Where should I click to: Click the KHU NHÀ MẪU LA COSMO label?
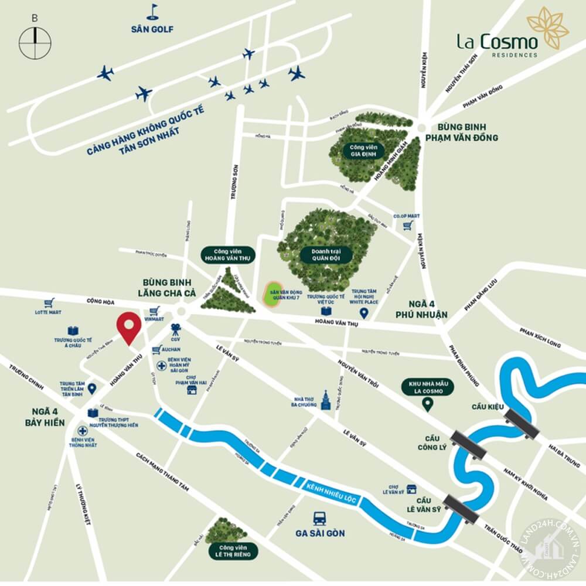point(427,387)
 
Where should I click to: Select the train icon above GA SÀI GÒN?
point(319,519)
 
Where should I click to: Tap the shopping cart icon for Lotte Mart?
point(49,303)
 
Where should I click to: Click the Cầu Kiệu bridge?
point(522,423)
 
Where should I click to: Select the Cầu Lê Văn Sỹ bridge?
point(462,507)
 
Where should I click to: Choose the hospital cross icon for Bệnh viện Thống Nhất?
point(80,431)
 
